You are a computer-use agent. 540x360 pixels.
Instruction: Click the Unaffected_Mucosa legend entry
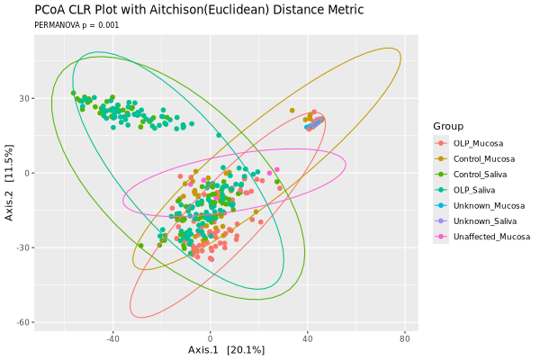point(490,237)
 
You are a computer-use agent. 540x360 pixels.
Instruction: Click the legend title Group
point(447,125)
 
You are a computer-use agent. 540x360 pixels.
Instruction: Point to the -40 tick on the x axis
point(113,338)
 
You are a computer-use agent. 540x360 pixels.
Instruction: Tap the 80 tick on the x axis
point(404,338)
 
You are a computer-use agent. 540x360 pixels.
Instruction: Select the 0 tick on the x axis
point(211,338)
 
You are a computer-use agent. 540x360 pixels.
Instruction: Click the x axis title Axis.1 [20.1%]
point(226,349)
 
